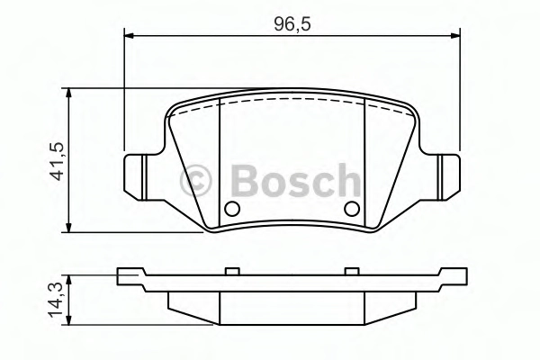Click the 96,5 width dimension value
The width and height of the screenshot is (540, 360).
tap(292, 24)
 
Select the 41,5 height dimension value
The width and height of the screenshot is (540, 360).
tap(58, 161)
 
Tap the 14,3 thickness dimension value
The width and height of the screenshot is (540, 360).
tap(56, 300)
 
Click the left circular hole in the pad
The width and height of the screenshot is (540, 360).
tap(232, 209)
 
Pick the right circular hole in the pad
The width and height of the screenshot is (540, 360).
tap(352, 209)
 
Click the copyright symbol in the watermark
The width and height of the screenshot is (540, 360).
tap(195, 181)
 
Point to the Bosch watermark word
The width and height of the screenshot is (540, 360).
tap(296, 180)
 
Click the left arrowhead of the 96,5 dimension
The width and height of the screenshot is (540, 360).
tap(129, 35)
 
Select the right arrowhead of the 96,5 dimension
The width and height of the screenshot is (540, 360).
tap(454, 35)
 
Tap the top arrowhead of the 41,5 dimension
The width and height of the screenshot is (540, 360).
tap(69, 94)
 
